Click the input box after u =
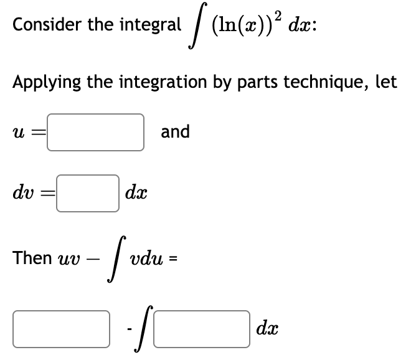tap(96, 132)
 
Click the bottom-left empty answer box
tap(60, 329)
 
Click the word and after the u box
tap(175, 131)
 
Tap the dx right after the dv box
tap(135, 194)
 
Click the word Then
tap(32, 257)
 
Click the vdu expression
tap(143, 258)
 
